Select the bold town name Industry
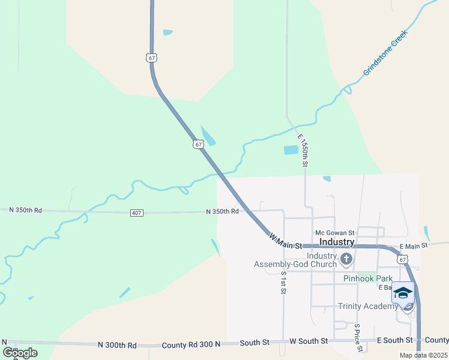coord(337,242)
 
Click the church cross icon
coord(346,259)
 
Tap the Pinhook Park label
coord(367,278)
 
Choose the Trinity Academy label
coord(368,306)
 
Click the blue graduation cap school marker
coord(403,293)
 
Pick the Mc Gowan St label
coord(335,233)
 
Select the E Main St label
coord(413,245)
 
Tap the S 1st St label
coord(283,282)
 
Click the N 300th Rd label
coord(117,345)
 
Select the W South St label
coord(309,341)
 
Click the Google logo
coord(20,353)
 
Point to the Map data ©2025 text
coord(423,355)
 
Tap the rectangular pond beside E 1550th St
coord(291,150)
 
